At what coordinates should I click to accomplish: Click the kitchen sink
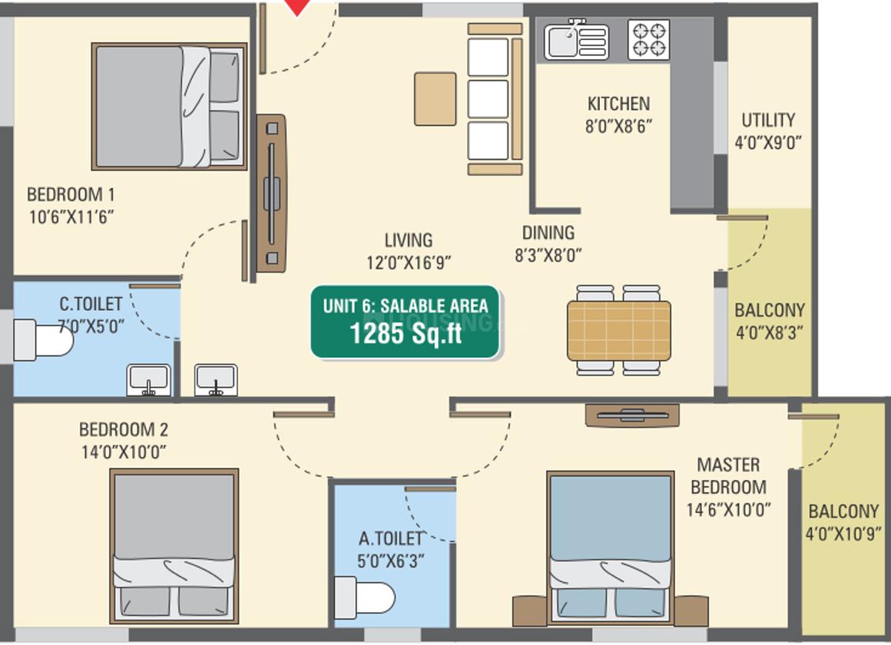pyautogui.click(x=576, y=40)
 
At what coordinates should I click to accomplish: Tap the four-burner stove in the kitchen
pyautogui.click(x=648, y=40)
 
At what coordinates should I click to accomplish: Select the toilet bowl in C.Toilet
pyautogui.click(x=43, y=340)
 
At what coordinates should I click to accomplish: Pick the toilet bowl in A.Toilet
pyautogui.click(x=364, y=598)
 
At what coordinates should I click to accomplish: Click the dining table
pyautogui.click(x=619, y=331)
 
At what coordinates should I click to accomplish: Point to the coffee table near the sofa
pyautogui.click(x=435, y=99)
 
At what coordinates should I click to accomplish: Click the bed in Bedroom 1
pyautogui.click(x=169, y=106)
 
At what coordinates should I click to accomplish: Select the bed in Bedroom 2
pyautogui.click(x=174, y=546)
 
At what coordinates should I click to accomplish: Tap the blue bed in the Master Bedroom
pyautogui.click(x=611, y=547)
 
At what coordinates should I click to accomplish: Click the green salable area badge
pyautogui.click(x=405, y=322)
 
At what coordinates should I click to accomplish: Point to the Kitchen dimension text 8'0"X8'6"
pyautogui.click(x=619, y=126)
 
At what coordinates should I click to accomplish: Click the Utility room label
pyautogui.click(x=767, y=120)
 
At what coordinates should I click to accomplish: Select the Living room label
pyautogui.click(x=409, y=240)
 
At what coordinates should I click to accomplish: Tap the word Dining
pyautogui.click(x=548, y=233)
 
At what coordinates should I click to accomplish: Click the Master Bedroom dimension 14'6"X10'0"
pyautogui.click(x=728, y=509)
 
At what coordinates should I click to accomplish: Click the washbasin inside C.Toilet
pyautogui.click(x=148, y=379)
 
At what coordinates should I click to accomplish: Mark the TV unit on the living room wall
pyautogui.click(x=272, y=193)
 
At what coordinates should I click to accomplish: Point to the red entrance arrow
pyautogui.click(x=297, y=8)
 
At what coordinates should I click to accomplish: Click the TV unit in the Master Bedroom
pyautogui.click(x=632, y=415)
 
